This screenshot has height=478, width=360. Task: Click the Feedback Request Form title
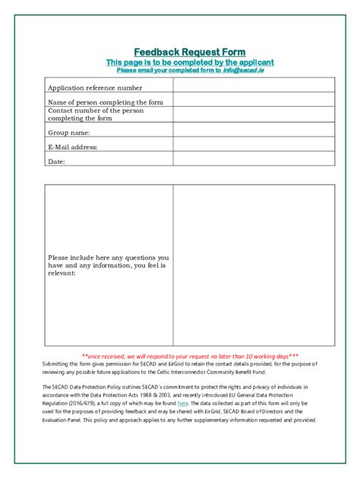[179, 50]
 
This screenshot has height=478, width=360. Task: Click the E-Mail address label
[73, 147]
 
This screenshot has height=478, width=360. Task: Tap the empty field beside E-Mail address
[253, 145]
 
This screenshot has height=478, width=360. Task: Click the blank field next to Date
[253, 159]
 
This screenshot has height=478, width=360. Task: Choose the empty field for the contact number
[253, 115]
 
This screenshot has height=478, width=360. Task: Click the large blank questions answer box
[253, 265]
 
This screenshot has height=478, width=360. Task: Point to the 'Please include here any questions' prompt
[108, 265]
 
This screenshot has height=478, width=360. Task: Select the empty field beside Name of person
[253, 99]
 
